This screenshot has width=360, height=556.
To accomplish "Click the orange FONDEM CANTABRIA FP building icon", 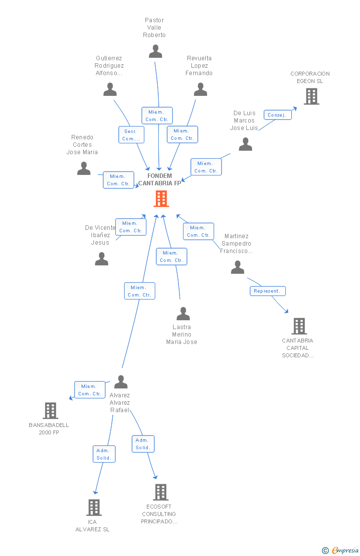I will click(x=161, y=199).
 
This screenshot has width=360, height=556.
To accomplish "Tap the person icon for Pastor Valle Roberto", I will click(x=155, y=51).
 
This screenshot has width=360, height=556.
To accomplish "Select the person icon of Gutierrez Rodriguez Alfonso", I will click(x=110, y=89).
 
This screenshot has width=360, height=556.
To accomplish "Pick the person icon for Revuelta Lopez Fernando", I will click(x=200, y=89).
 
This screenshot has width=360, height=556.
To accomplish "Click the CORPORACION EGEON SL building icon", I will click(x=311, y=96).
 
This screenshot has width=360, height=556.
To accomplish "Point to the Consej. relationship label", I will click(x=277, y=115).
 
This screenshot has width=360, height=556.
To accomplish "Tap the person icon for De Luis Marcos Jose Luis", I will click(x=245, y=144).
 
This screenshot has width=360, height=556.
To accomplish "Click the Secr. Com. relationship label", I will click(x=131, y=134).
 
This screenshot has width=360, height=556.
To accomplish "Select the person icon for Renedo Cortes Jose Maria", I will click(x=84, y=169).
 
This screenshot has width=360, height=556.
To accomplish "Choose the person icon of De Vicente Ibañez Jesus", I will click(x=101, y=259).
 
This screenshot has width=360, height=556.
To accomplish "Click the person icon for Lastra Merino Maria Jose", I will click(x=183, y=314).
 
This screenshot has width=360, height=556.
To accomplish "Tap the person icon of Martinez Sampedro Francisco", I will click(x=237, y=267).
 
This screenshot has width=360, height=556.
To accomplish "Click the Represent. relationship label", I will click(x=267, y=291).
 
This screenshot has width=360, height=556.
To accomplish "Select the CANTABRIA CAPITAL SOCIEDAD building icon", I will click(x=299, y=326).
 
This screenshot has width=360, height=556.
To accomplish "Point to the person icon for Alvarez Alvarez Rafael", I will click(x=121, y=382).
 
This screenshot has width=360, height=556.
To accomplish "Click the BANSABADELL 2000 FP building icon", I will click(x=50, y=410).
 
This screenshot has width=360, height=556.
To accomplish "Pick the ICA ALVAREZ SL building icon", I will click(x=93, y=507).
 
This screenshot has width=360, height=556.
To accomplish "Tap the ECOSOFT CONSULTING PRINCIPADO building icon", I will click(x=160, y=492).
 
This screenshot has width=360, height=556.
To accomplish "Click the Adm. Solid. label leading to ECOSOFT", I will click(x=143, y=443).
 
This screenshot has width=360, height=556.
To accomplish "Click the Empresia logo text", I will click(x=345, y=550).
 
